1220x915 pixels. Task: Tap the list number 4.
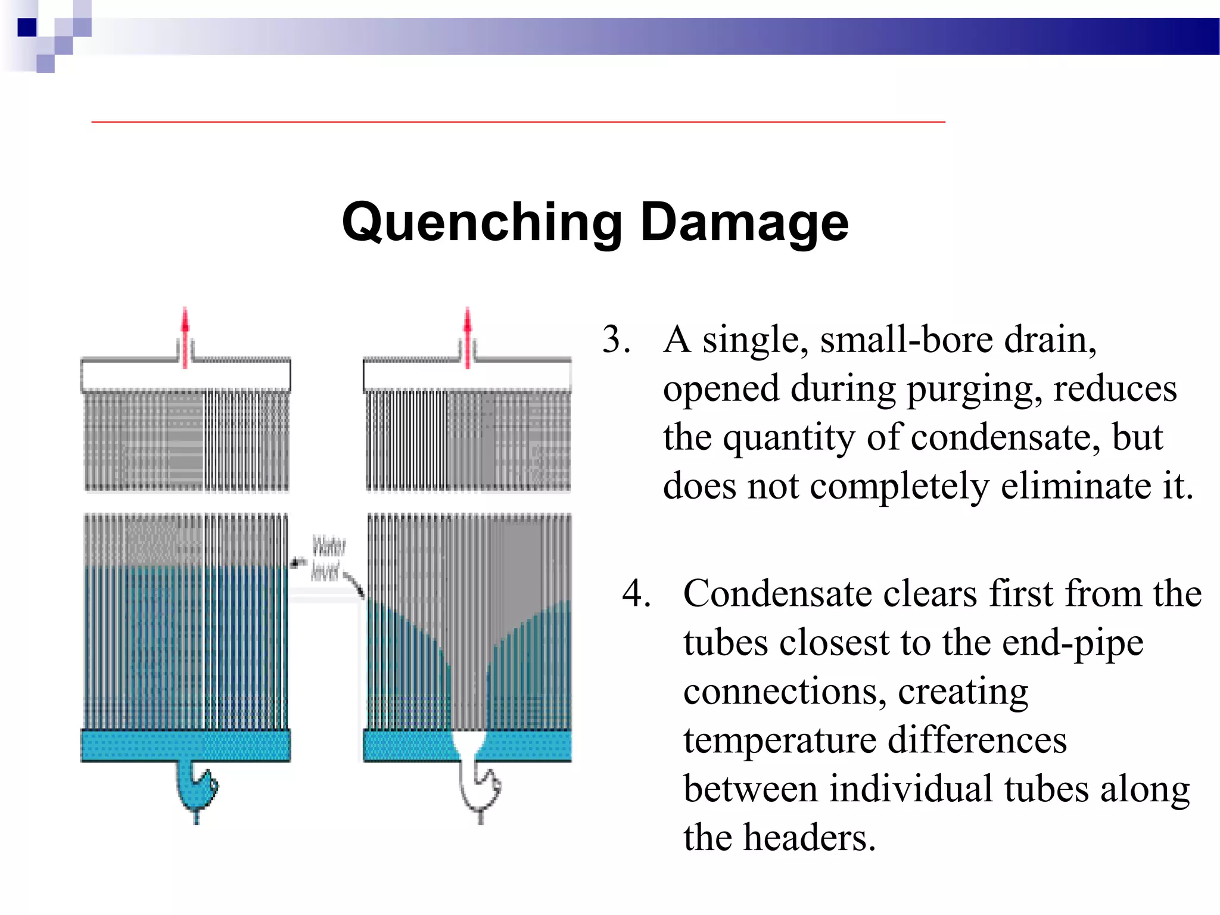pyautogui.click(x=636, y=594)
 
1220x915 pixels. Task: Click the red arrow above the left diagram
pyautogui.click(x=185, y=337)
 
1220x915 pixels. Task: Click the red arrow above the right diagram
pyautogui.click(x=468, y=337)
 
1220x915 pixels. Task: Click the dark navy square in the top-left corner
pyautogui.click(x=27, y=27)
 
